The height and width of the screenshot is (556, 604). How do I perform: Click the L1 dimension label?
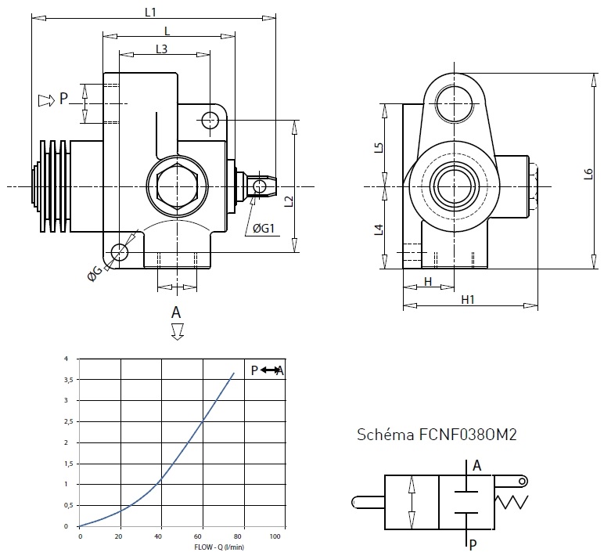point(152,12)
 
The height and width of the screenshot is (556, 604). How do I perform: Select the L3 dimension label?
point(161,49)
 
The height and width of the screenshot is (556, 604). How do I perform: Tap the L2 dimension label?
point(289,202)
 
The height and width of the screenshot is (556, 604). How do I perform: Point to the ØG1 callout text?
point(264,229)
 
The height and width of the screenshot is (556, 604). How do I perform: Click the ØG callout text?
point(95,272)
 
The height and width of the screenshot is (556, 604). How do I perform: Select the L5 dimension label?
point(378,146)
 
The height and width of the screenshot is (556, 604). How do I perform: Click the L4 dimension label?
point(378,229)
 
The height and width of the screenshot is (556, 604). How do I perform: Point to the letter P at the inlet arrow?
point(64,99)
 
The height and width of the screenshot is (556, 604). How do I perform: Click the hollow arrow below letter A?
point(177,332)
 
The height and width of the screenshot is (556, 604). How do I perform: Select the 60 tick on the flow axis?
point(203,536)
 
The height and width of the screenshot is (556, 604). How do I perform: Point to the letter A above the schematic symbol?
point(476,466)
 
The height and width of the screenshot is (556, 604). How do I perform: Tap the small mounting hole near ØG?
point(119,252)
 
